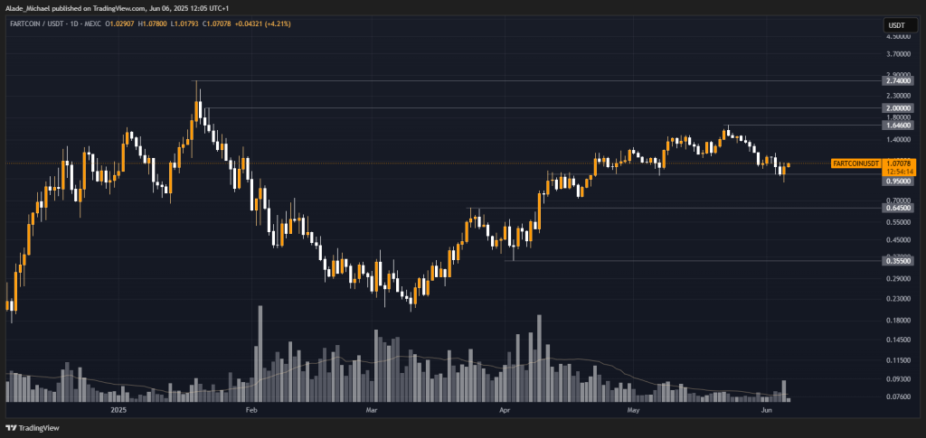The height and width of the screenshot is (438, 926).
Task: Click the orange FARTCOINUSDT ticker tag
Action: point(855,163)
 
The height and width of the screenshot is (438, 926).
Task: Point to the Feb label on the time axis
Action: point(252,409)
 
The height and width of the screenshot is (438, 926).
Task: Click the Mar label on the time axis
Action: point(372,409)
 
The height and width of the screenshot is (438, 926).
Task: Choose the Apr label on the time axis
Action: point(505,409)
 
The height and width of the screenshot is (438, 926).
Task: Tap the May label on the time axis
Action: point(633,409)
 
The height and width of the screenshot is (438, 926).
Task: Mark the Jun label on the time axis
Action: point(766,409)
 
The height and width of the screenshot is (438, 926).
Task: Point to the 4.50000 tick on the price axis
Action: point(898,37)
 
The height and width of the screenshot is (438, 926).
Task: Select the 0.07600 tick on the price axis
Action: point(898,396)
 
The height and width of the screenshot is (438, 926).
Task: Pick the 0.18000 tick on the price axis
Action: point(898,320)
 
